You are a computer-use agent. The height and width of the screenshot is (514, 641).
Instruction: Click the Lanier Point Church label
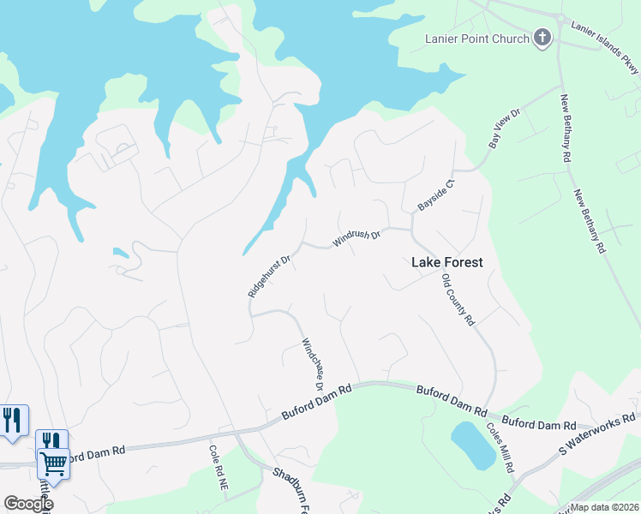tap(476, 38)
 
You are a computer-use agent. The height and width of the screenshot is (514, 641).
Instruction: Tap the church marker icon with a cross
tap(542, 38)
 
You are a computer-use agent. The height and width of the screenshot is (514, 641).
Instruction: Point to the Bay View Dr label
tap(505, 128)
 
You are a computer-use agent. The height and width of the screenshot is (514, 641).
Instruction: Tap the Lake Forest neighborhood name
tap(447, 263)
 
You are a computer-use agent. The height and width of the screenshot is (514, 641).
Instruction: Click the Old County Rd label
tap(458, 301)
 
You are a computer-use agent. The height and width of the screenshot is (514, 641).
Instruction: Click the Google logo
tap(28, 504)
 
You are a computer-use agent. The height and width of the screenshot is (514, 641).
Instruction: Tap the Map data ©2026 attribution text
tap(605, 507)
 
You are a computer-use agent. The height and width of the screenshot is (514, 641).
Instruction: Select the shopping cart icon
tap(53, 463)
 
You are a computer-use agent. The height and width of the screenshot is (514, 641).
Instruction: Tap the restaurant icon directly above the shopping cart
tap(51, 440)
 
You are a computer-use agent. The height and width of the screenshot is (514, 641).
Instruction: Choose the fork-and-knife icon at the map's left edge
tap(12, 420)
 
